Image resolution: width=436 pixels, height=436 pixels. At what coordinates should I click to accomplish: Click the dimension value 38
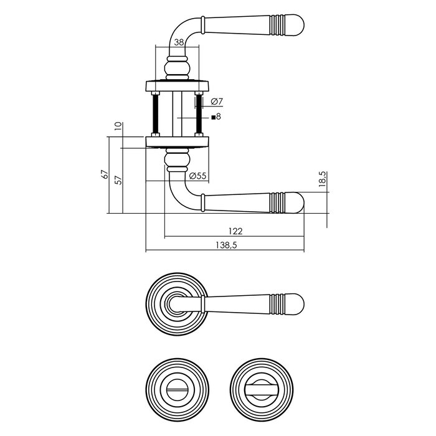[x=179, y=42]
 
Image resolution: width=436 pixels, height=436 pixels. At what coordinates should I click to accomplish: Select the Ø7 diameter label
[x=217, y=101]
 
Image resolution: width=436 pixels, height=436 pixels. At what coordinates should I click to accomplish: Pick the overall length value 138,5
[x=226, y=245]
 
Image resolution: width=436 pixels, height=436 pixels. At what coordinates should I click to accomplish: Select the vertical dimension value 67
[x=105, y=176]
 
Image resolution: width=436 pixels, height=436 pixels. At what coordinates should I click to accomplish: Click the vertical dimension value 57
[x=118, y=178]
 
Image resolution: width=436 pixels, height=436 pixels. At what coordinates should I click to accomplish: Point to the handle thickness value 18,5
[x=322, y=180]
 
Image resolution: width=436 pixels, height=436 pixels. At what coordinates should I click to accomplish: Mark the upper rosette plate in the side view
[x=176, y=84]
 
